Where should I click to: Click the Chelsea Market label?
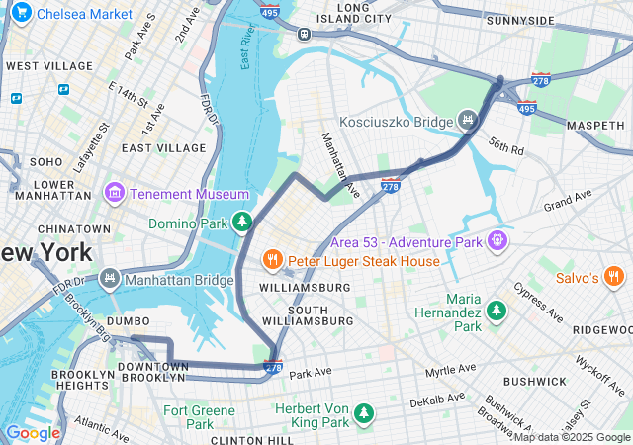pos(84,14)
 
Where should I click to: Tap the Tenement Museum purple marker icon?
pos(114,191)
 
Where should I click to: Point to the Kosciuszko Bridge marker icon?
pos(467,122)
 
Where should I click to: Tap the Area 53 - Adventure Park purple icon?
pos(497,240)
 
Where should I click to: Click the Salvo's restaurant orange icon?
pos(614,277)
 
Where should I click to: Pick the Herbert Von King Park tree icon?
pos(365,410)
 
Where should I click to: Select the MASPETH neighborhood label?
pos(595,125)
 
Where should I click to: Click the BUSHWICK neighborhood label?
pos(535,381)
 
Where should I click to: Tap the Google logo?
pos(33,432)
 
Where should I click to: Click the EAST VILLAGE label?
pos(163,147)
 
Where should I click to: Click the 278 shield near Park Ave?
pos(274,367)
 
